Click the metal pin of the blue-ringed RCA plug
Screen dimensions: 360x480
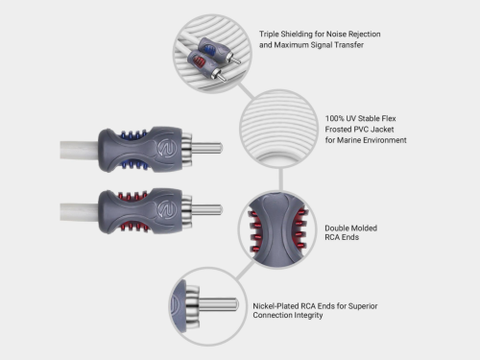tap(206, 148)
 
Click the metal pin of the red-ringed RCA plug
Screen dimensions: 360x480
tap(206, 209)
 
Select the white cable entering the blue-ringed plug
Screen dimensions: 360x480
tap(72, 148)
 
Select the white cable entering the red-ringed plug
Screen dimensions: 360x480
tap(72, 209)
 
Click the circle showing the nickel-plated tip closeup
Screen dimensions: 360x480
tap(205, 303)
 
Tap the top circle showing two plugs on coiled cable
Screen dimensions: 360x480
tap(207, 49)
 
